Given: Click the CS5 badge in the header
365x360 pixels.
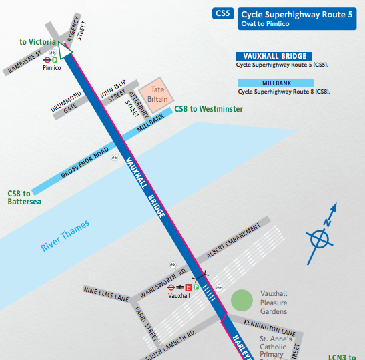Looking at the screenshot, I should tap(222, 13).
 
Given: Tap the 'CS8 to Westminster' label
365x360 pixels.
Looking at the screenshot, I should tap(208, 109).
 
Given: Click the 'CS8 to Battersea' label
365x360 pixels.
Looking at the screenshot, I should tap(23, 198).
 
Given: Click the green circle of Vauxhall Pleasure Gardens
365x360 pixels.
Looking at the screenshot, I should tap(242, 299).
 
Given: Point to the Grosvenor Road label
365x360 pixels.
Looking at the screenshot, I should tap(85, 162).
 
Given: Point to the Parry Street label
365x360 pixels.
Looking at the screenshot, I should tap(148, 323).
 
